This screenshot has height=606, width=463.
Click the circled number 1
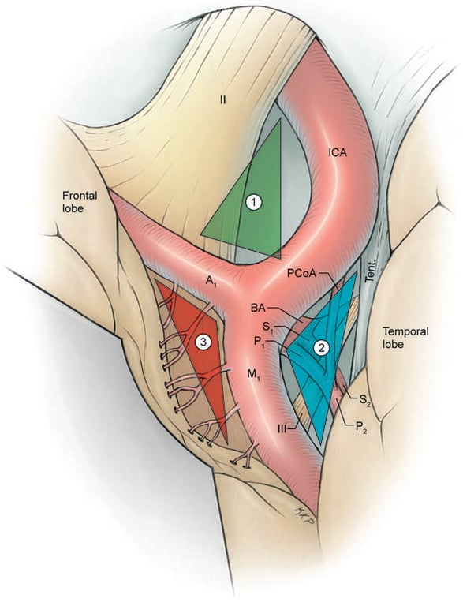pyautogui.click(x=253, y=203)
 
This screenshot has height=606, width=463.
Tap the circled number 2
pyautogui.click(x=321, y=346)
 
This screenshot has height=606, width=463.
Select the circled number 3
pyautogui.click(x=203, y=342)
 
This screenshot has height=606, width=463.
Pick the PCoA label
pyautogui.click(x=301, y=273)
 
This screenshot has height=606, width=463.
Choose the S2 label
pyautogui.click(x=364, y=400)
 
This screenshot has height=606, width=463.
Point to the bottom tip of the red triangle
pyautogui.click(x=226, y=442)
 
